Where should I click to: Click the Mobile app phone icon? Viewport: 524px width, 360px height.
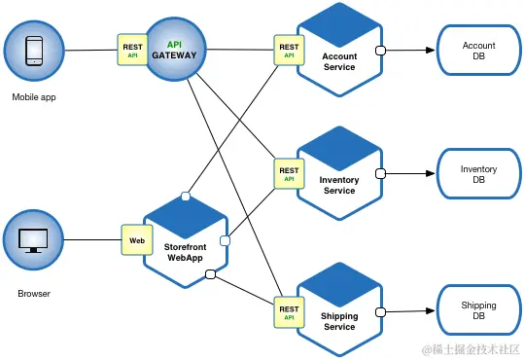tap(34, 50)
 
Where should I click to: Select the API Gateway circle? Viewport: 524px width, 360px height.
tap(174, 50)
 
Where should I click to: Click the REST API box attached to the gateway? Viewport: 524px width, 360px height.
tap(132, 50)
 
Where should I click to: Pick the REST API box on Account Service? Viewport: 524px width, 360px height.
tap(289, 51)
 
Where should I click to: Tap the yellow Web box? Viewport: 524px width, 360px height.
tap(137, 239)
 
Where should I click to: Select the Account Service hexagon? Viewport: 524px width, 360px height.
tap(339, 51)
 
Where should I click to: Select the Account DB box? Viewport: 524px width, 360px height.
tap(478, 51)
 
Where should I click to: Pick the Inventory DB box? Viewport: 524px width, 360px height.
tap(478, 175)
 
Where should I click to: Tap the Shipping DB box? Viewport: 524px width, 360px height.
tap(478, 311)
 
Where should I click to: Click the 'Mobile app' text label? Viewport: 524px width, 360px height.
tap(34, 97)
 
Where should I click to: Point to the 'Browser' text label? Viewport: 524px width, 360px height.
tap(34, 292)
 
